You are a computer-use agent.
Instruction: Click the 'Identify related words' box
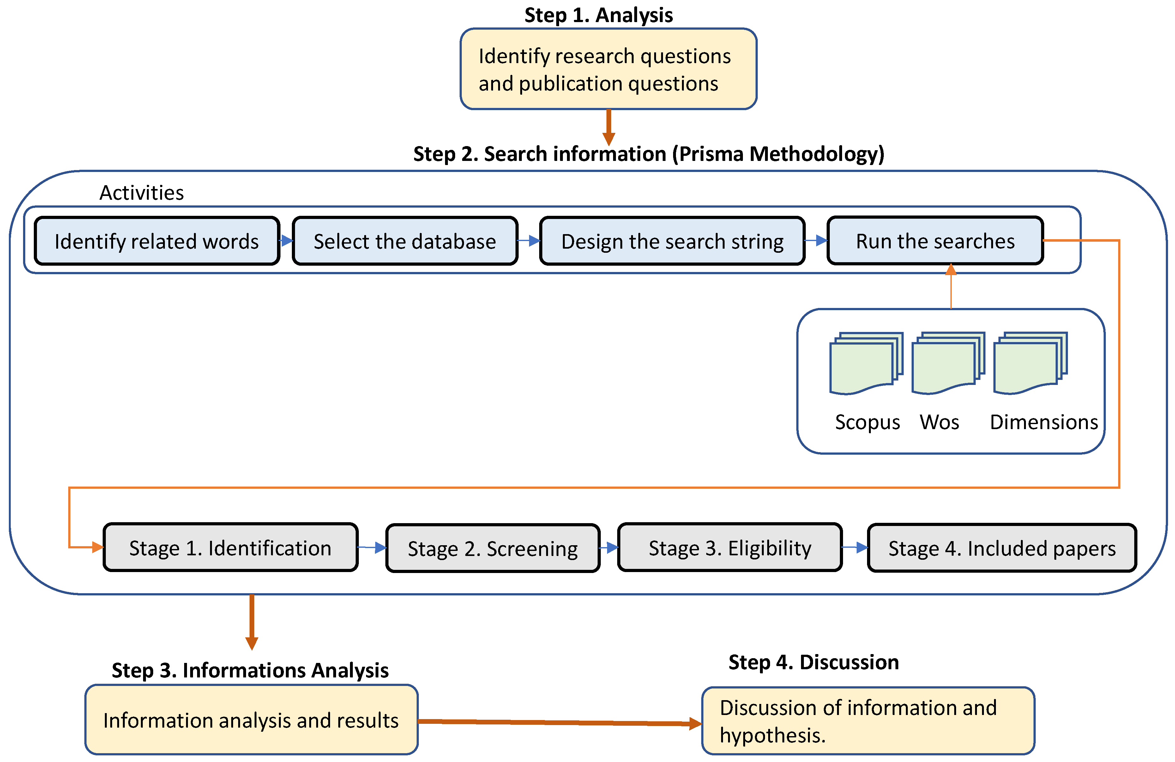157,241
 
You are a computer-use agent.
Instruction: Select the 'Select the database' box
405,241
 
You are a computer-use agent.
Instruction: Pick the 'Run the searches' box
935,241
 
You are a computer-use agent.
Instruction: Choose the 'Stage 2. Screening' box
493,548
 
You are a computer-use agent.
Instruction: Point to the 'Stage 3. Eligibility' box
730,547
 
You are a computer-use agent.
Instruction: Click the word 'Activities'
142,193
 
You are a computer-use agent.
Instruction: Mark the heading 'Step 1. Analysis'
598,15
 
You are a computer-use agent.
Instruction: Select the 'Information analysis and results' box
251,720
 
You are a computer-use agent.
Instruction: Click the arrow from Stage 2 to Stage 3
609,547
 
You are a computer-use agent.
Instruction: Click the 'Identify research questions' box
608,69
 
